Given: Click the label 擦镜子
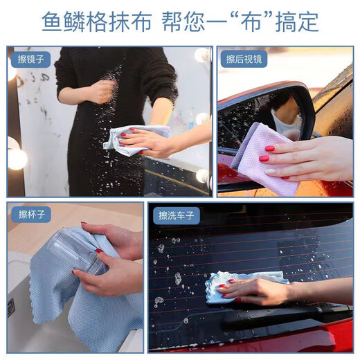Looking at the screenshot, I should tap(30, 60).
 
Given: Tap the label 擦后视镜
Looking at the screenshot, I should tap(244, 60).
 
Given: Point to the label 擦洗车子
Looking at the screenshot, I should tap(177, 215).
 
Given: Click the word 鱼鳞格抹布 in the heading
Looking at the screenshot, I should tap(94, 21).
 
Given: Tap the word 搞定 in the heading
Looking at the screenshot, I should tap(302, 21).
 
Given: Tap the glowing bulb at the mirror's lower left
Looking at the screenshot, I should tap(17, 159).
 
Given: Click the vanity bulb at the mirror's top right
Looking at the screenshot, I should tap(201, 55).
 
